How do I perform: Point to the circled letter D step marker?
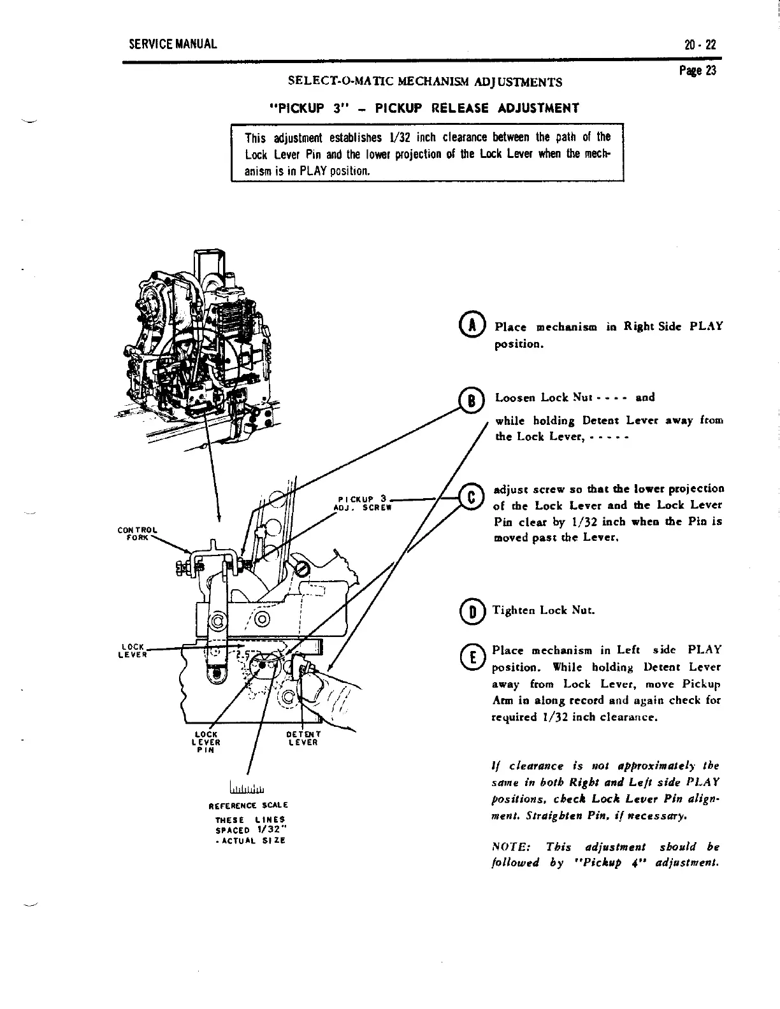point(472,610)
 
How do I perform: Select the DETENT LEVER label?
point(303,738)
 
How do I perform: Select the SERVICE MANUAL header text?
point(173,45)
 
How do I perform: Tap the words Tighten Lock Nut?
point(545,610)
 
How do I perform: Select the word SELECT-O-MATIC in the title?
point(335,82)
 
